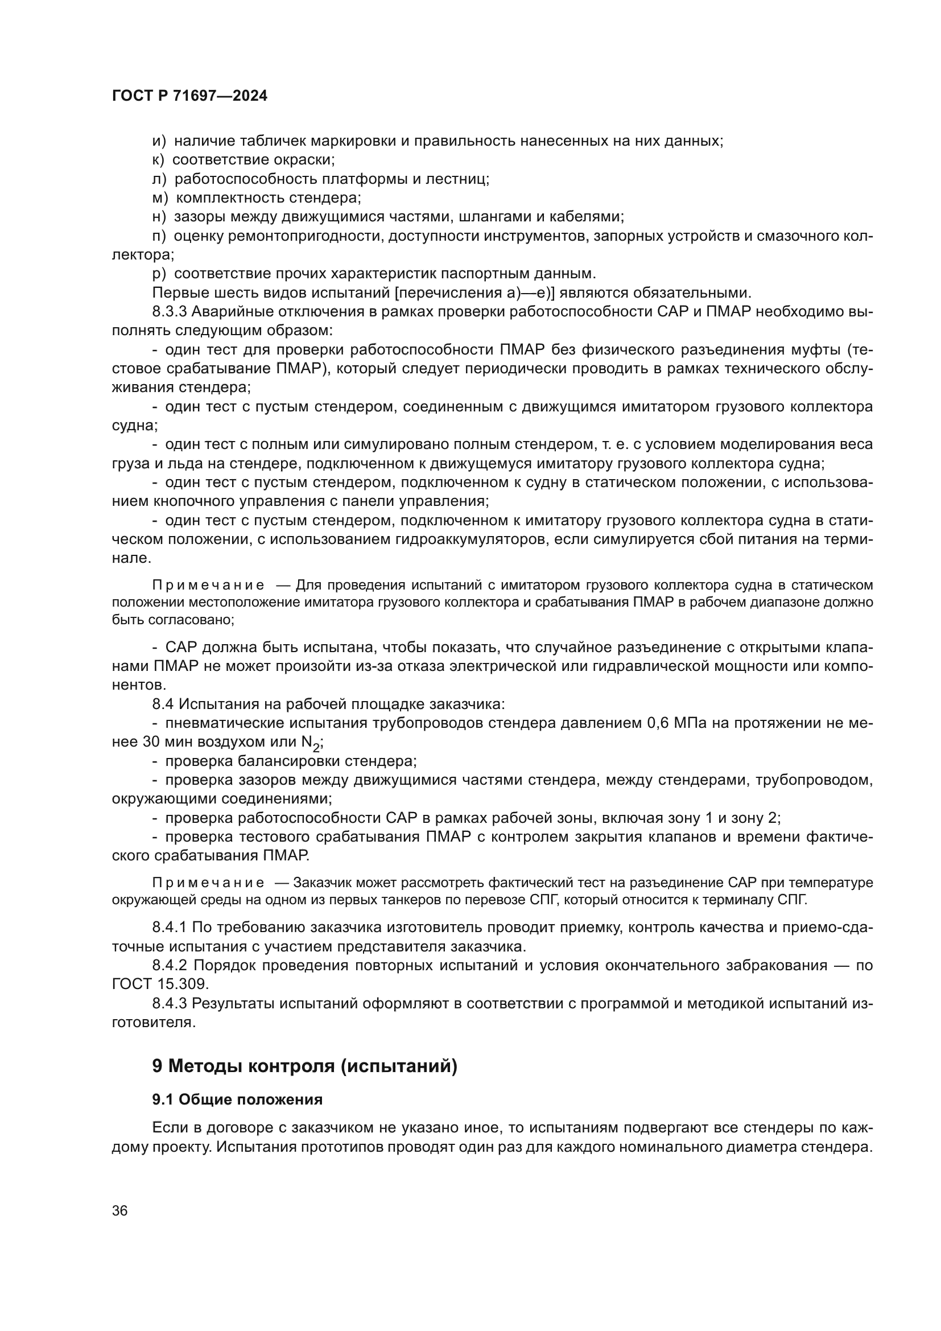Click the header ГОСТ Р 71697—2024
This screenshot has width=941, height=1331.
[189, 96]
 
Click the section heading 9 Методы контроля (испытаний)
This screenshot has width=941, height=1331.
[304, 1066]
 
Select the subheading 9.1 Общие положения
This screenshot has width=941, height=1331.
[237, 1100]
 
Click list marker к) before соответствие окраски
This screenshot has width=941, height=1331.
[158, 160]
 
